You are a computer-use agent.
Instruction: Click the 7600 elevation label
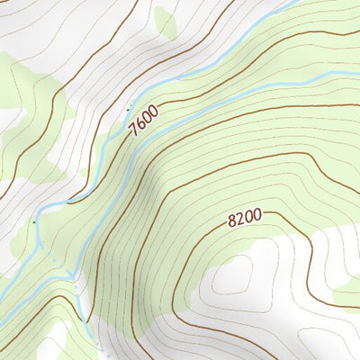[x=143, y=120]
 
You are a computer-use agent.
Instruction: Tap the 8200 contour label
[x=244, y=218]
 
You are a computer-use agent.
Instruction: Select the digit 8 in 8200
[x=232, y=221]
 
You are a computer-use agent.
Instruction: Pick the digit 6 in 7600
[x=140, y=123]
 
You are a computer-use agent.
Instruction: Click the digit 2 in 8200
[x=239, y=219]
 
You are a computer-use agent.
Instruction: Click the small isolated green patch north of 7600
[x=165, y=22]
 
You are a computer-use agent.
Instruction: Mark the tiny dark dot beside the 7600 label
[x=130, y=105]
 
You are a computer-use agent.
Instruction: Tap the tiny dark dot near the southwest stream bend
[x=33, y=221]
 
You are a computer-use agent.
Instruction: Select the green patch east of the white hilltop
[x=346, y=290]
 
